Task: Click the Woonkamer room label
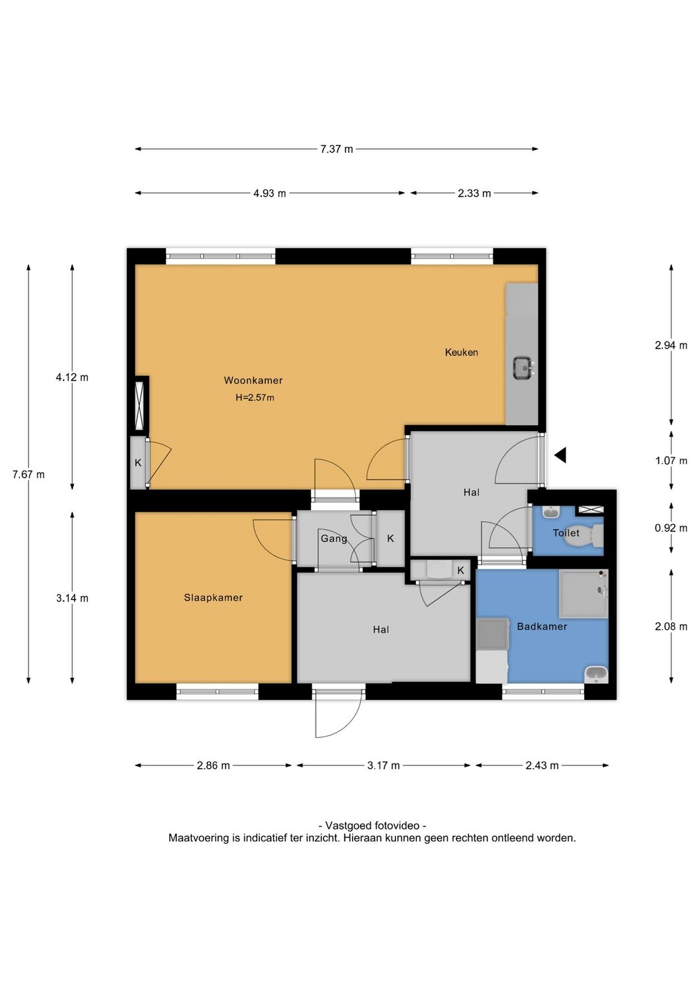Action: [x=253, y=380]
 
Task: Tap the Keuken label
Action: [x=461, y=353]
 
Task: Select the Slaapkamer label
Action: [x=213, y=598]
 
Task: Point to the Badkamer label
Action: [x=542, y=627]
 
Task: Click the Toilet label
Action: [x=566, y=533]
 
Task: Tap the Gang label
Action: [x=334, y=539]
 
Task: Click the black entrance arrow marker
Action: [x=560, y=455]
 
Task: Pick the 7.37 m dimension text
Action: [x=336, y=149]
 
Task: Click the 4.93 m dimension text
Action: [x=270, y=193]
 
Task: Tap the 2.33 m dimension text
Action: [x=474, y=193]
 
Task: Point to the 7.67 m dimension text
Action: [x=29, y=474]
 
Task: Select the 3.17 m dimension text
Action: [x=383, y=765]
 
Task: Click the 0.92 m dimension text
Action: [x=671, y=528]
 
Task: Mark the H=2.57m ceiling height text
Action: [x=255, y=398]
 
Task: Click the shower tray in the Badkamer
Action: [x=583, y=594]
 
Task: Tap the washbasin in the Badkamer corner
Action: [x=596, y=674]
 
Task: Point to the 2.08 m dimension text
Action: [x=671, y=627]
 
